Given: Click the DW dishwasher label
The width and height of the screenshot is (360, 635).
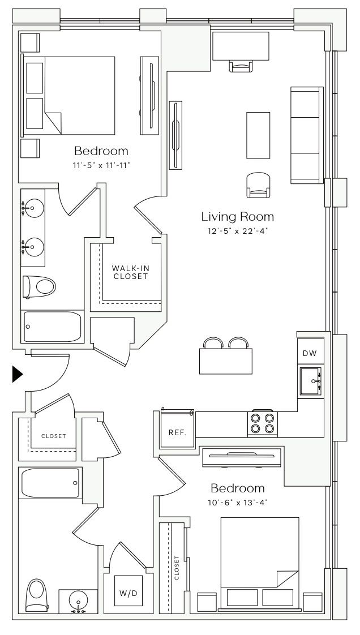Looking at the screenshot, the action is point(310,353).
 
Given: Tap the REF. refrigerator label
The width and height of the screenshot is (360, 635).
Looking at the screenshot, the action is point(177,432).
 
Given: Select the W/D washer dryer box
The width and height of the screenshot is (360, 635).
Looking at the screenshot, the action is point(128,593).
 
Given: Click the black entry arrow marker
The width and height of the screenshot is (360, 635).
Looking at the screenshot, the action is point(17,374).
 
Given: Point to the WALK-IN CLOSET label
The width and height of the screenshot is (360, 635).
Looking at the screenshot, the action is point(128,273).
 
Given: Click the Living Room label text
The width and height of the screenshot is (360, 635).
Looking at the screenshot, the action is point(238,217).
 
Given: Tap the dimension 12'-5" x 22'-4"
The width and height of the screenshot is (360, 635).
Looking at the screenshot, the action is point(238,231).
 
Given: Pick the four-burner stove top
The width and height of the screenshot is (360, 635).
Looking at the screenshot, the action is point(263,423).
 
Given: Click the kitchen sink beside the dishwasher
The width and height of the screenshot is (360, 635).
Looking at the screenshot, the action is point(311,381).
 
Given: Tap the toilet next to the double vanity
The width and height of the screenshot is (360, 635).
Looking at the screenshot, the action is point(39,287).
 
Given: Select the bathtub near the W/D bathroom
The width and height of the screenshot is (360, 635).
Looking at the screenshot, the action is point(50,483).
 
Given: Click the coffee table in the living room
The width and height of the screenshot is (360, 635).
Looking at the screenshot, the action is point(258,135).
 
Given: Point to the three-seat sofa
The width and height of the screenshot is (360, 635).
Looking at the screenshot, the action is point(307,135).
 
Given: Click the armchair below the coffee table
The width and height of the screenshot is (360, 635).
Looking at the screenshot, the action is point(258,185).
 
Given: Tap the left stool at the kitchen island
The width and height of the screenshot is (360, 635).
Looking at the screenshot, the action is point(213,342).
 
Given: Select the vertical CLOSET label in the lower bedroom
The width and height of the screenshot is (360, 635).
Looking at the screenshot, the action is point(177,568).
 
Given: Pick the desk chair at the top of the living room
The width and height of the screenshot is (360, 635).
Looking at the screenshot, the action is point(241,66).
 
